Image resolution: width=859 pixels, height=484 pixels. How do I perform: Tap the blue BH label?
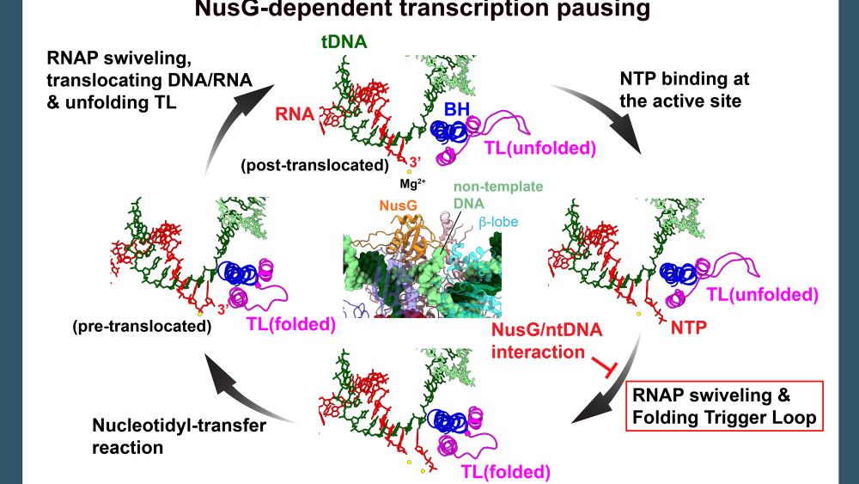[x=457, y=112]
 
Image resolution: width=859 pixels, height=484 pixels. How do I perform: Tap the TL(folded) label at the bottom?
[x=502, y=471]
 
